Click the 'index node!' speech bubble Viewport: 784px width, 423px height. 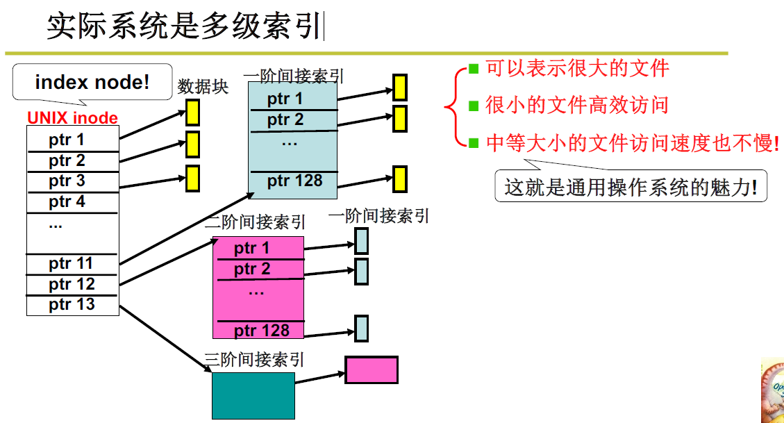click(x=92, y=82)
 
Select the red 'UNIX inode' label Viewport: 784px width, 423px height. click(x=72, y=118)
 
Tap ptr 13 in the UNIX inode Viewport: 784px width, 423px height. click(x=72, y=304)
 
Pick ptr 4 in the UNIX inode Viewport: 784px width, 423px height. click(x=67, y=202)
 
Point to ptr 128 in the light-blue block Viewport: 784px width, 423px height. click(x=294, y=181)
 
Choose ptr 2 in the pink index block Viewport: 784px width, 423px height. click(x=252, y=269)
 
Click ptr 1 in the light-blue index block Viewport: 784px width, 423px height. click(x=285, y=99)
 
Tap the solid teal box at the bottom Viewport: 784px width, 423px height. click(x=253, y=395)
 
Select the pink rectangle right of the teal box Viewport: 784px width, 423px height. click(x=372, y=370)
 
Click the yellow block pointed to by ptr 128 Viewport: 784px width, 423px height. click(x=399, y=179)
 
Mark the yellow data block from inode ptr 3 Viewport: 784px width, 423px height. click(x=192, y=178)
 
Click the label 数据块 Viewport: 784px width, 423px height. click(x=203, y=87)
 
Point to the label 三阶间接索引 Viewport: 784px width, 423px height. click(x=255, y=360)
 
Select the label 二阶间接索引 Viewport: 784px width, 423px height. click(x=256, y=222)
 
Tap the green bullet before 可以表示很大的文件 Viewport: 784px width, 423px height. click(x=474, y=68)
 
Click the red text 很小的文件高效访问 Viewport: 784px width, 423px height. click(x=576, y=106)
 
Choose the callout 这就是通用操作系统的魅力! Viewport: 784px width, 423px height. click(x=631, y=187)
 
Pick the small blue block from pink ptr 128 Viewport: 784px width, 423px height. click(x=361, y=328)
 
